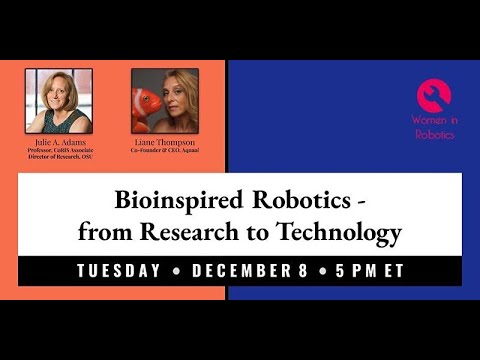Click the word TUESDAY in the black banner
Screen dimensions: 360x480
tap(118, 271)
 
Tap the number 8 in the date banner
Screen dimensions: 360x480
tap(305, 271)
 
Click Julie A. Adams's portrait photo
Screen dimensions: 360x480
tap(58, 100)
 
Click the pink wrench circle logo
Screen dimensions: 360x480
tap(433, 95)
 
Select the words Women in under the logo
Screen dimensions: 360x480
tap(433, 120)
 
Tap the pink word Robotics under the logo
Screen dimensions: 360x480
tap(433, 133)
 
